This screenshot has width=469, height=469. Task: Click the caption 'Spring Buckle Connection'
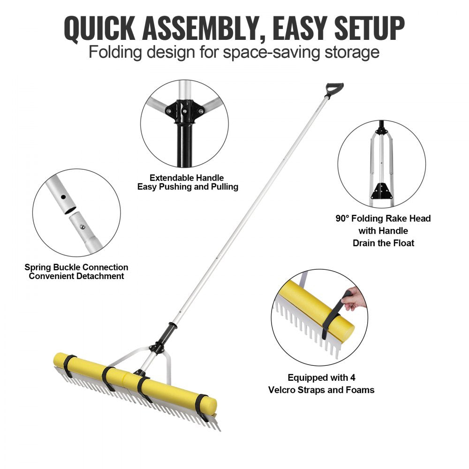[76, 267]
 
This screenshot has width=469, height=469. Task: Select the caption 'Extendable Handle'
[187, 178]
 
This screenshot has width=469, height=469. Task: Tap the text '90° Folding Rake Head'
[383, 219]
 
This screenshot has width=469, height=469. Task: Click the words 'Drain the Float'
[383, 243]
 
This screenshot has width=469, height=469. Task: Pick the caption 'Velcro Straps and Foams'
[321, 390]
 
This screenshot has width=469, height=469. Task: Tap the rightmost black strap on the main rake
[202, 406]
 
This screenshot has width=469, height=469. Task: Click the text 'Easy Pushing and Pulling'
[188, 187]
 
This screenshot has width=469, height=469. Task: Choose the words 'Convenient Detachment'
[76, 276]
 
